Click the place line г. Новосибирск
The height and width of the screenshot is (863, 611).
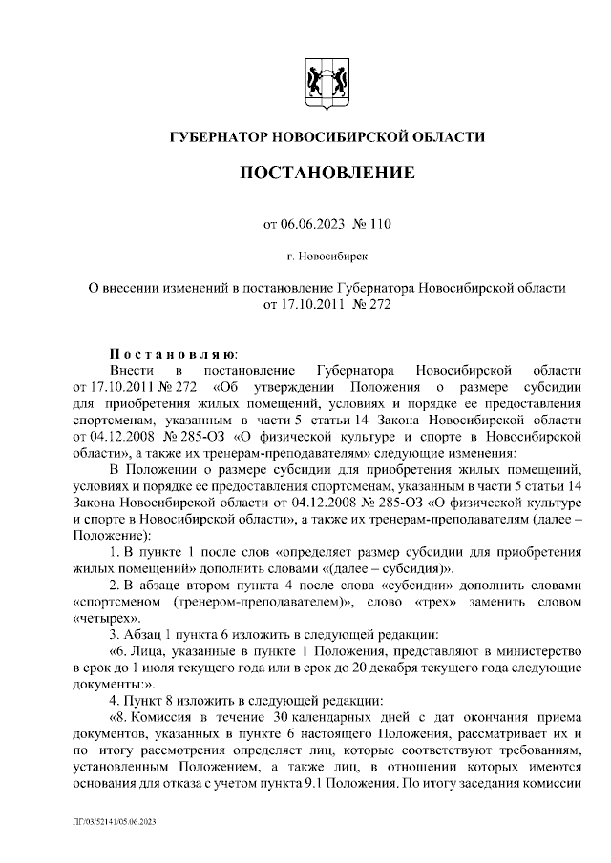coord(327,256)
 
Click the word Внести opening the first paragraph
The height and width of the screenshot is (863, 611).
coord(130,368)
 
